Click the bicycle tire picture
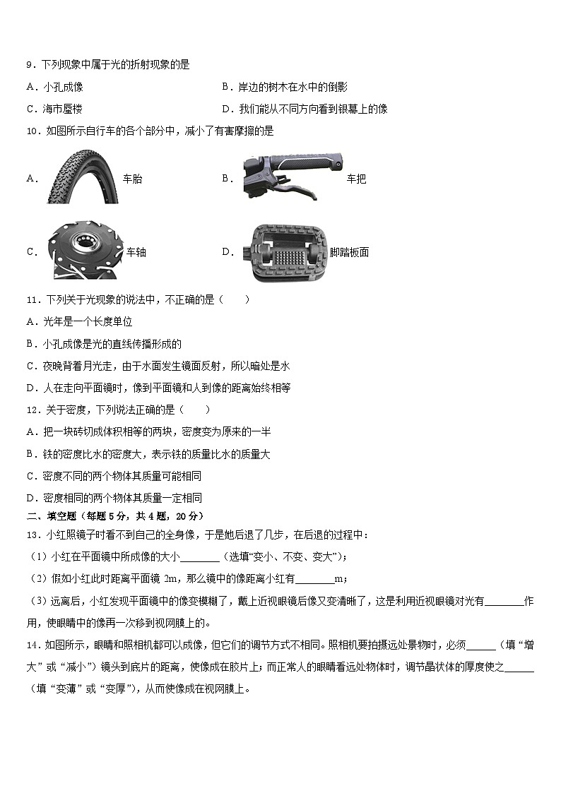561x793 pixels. coord(82,178)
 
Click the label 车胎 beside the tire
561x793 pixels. coord(132,179)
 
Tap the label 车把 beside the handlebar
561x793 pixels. coord(356,179)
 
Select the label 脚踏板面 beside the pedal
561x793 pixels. coord(349,253)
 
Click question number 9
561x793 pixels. coord(30,65)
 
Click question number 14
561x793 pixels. coord(33,645)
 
